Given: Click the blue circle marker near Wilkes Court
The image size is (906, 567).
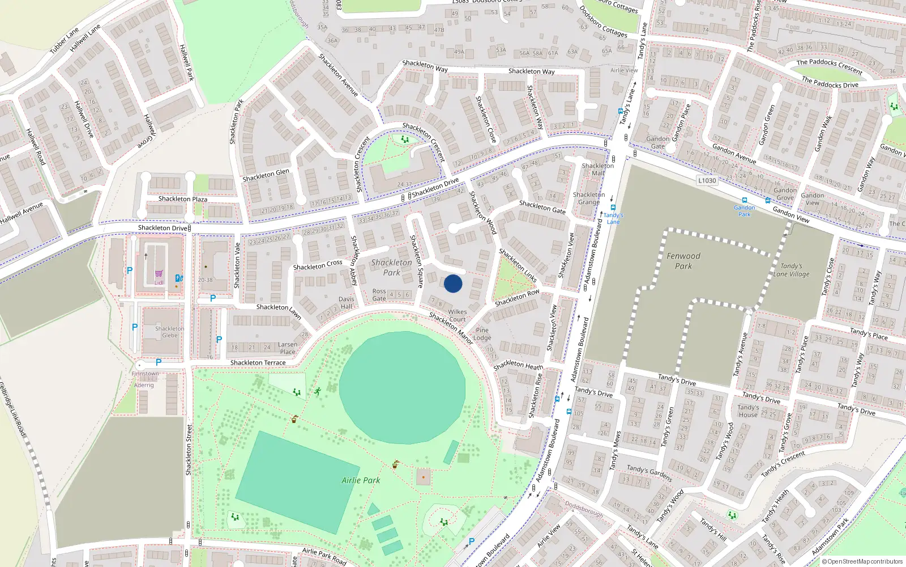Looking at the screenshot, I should click(453, 283).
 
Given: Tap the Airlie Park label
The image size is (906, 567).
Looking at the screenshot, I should click(361, 480).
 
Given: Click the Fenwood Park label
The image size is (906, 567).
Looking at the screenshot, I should click(683, 261).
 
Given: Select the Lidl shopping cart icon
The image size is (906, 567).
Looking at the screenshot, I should click(159, 274).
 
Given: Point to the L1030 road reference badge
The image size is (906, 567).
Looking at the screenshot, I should click(707, 180).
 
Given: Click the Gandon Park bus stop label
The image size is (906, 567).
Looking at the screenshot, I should click(744, 211).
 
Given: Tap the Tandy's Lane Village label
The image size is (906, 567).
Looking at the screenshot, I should click(791, 270).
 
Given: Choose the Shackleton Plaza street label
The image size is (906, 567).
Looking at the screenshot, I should click(182, 199).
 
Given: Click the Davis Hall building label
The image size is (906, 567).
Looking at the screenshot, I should click(346, 303).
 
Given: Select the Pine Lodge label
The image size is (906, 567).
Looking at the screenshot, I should click(482, 333).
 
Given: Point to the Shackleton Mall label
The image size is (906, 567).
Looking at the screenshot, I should click(597, 170).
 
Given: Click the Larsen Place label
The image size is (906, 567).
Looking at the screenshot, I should click(288, 348).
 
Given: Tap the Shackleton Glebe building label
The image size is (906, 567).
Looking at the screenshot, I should click(169, 332).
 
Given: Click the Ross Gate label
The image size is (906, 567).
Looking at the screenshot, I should click(379, 295).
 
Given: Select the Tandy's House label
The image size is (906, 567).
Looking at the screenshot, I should click(748, 411).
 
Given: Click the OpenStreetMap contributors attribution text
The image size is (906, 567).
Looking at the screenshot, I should click(865, 561).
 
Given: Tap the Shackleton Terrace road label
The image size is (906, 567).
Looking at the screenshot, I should click(258, 363).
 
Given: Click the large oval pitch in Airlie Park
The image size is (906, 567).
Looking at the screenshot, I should click(402, 387).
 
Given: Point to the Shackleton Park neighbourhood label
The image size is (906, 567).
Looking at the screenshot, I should click(391, 268).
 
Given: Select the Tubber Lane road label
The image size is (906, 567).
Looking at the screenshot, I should click(64, 41).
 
